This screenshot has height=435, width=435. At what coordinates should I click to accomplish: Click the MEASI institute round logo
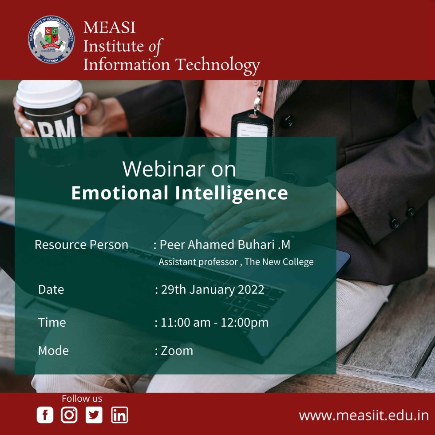click(51, 40)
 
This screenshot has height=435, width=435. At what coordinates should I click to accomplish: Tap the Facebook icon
click(45, 415)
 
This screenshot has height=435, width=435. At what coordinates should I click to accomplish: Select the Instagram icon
click(69, 415)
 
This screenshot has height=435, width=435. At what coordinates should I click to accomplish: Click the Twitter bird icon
click(94, 415)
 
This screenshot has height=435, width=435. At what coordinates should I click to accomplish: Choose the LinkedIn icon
click(119, 415)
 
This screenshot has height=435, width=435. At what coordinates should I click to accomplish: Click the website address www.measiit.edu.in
click(364, 415)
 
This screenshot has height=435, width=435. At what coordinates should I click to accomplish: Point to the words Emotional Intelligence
click(179, 193)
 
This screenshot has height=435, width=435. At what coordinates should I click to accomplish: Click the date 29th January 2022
click(212, 290)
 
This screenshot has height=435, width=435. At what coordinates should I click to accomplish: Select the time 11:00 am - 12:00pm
click(214, 322)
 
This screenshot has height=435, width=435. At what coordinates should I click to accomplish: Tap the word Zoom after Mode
click(177, 351)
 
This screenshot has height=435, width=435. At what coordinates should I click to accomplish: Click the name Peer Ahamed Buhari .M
click(225, 245)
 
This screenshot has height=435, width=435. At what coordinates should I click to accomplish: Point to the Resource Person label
click(81, 245)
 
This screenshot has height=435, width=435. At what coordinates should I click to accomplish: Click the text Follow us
click(82, 399)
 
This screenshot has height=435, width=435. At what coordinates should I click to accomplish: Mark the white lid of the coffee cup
click(49, 93)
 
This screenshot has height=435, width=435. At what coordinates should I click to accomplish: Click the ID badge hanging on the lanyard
click(252, 142)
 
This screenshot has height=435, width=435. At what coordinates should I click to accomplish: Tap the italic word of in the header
click(156, 46)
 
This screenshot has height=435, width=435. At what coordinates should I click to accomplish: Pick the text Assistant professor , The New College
click(236, 262)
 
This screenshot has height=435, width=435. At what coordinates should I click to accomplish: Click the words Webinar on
click(179, 170)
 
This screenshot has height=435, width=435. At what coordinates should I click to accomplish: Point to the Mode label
click(53, 351)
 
